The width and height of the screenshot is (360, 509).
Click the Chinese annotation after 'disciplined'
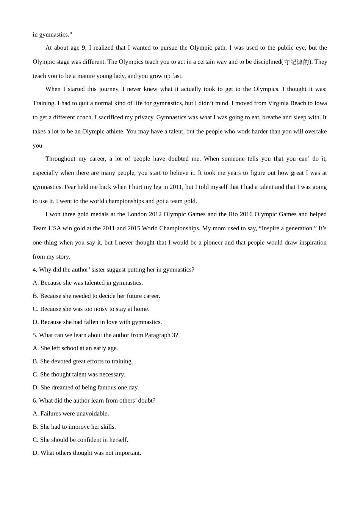(296, 62)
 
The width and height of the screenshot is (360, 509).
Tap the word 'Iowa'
(320, 103)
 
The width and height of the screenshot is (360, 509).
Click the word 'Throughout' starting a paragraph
(60, 159)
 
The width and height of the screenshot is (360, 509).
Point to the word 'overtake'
(315, 132)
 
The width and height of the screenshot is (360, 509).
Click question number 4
(34, 270)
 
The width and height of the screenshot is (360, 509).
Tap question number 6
(34, 401)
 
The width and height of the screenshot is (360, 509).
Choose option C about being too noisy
(91, 309)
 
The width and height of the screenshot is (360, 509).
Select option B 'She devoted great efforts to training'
(83, 361)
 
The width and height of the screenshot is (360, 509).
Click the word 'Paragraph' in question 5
(157, 335)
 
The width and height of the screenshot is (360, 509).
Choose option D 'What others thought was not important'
(87, 453)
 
